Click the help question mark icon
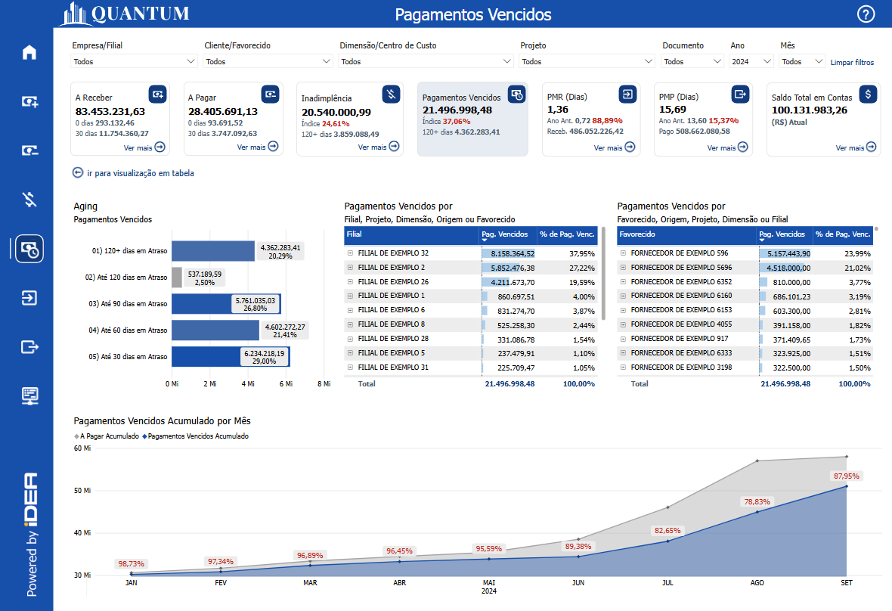(x=866, y=14)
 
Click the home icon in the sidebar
(x=29, y=53)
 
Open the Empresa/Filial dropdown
(x=134, y=61)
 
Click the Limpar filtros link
(x=852, y=62)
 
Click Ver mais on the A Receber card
(x=144, y=147)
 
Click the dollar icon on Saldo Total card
(x=869, y=94)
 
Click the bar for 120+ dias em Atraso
(x=212, y=251)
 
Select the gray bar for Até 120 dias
(x=177, y=278)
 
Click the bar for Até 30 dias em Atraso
(x=230, y=357)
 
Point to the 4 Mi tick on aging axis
(x=248, y=384)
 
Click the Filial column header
(x=411, y=234)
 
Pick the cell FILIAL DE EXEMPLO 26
(x=392, y=281)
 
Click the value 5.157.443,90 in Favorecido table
(x=784, y=253)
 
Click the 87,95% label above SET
(x=846, y=476)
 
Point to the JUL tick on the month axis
(x=667, y=583)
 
